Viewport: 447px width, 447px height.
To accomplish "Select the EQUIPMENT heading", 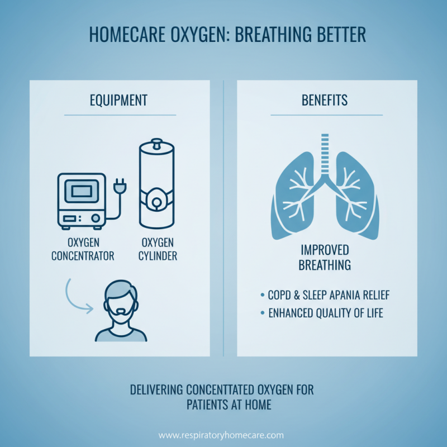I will (x=118, y=101).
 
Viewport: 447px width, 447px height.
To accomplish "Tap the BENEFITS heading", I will (x=324, y=101).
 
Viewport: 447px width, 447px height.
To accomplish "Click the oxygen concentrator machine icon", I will (x=82, y=200).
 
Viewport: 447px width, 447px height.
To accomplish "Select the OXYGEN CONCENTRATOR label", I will (x=83, y=249).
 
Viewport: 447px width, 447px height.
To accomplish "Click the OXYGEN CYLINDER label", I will (x=157, y=249).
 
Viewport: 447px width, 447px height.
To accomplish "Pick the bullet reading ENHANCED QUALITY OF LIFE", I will (x=325, y=313).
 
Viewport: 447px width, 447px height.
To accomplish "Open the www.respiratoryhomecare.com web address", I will (x=221, y=435).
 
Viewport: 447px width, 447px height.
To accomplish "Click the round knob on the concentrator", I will (x=96, y=218).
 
